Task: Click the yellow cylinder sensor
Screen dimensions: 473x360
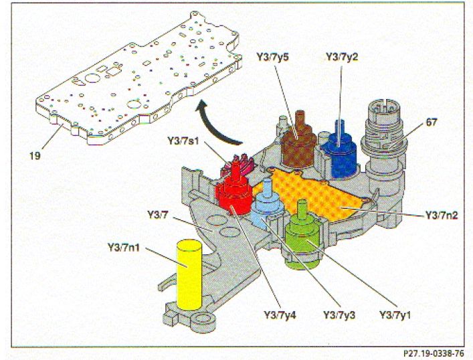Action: (x=189, y=274)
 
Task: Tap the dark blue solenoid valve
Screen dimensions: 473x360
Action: (x=339, y=153)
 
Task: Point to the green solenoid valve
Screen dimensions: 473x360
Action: (x=302, y=237)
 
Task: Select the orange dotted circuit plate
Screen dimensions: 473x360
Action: (x=316, y=193)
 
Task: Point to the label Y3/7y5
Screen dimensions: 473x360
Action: (x=273, y=57)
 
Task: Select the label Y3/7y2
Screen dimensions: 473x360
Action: (x=341, y=57)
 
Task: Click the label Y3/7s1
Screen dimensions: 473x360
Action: (x=183, y=141)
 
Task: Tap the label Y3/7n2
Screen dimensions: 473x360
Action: (x=442, y=215)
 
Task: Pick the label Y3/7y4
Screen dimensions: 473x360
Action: (x=280, y=314)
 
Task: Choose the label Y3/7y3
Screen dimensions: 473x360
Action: (x=339, y=314)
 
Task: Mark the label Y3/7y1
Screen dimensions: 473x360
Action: (x=395, y=314)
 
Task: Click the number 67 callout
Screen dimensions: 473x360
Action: (x=432, y=122)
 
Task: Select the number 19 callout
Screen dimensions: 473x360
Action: (x=35, y=156)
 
